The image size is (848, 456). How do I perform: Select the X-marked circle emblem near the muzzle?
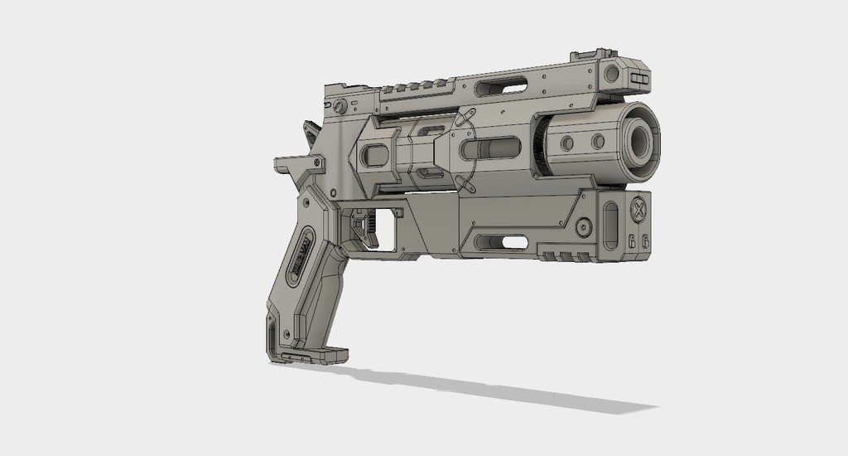[x=638, y=208]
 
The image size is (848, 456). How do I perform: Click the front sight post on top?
[x=585, y=56]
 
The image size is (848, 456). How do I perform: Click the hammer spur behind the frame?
[x=311, y=133]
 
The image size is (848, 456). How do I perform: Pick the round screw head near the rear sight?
[x=340, y=106]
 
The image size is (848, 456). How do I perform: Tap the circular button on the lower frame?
[x=585, y=226]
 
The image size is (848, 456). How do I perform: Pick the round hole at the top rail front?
[x=612, y=74]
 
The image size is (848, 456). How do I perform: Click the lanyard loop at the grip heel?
[x=273, y=336]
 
